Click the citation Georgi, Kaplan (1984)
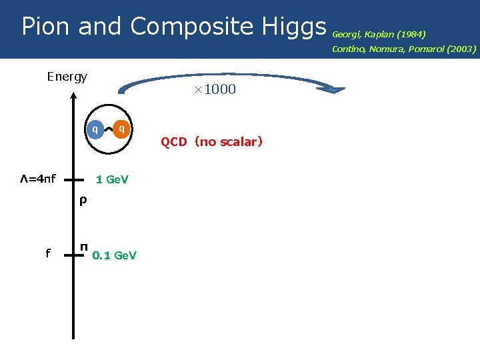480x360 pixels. [379, 33]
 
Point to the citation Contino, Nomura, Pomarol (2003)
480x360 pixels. [404, 49]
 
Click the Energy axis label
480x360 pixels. [67, 77]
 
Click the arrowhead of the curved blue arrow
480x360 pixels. [336, 88]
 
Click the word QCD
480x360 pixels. [174, 141]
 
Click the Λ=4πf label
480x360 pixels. [37, 179]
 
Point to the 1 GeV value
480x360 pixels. [112, 179]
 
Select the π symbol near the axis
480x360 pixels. [84, 247]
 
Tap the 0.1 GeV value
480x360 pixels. [114, 255]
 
